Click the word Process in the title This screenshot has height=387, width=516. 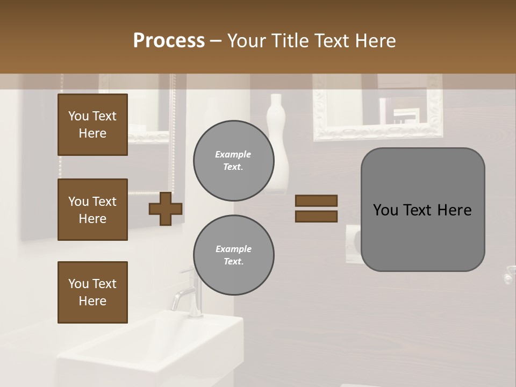(x=169, y=41)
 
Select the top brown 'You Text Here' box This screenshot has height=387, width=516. (x=92, y=125)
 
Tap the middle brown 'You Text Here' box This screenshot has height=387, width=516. (x=92, y=210)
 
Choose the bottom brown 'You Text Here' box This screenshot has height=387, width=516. (x=92, y=292)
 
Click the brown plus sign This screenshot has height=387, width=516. (x=166, y=210)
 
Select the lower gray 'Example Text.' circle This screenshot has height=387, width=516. (x=233, y=255)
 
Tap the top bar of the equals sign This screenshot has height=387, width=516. (x=316, y=201)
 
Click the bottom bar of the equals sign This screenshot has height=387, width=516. (x=316, y=217)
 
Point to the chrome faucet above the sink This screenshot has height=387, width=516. (x=185, y=293)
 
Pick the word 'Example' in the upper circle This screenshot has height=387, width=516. (x=233, y=155)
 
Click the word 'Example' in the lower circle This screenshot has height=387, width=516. (x=233, y=249)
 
